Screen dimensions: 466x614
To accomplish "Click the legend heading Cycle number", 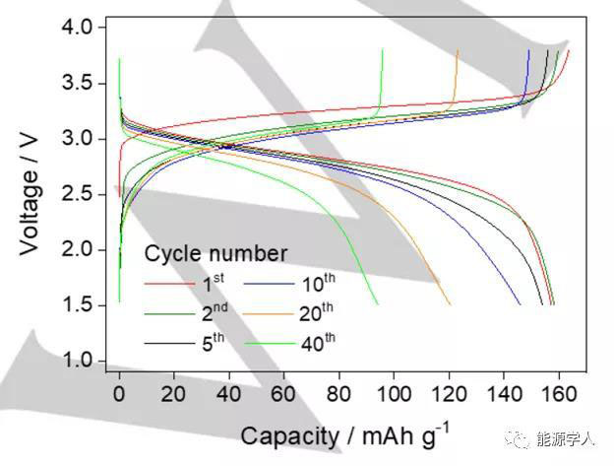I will coord(215,253).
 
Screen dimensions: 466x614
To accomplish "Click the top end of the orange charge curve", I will coord(458,50).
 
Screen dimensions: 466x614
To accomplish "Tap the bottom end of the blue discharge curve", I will coord(521,304).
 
